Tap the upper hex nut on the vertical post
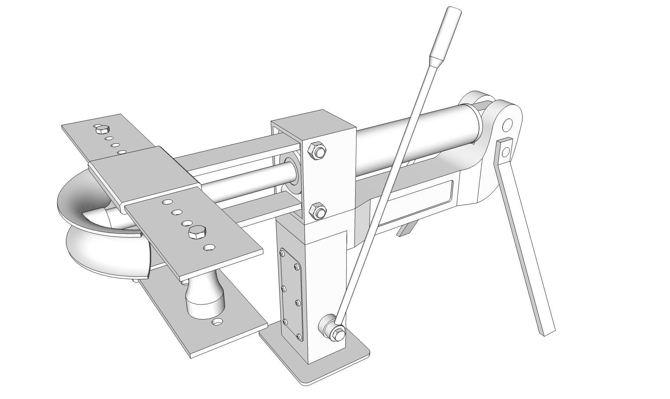pos(317,151)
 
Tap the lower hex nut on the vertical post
pos(318,211)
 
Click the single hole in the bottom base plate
pos(218,322)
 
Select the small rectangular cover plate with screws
pos(291,295)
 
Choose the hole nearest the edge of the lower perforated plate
pos(210,248)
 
